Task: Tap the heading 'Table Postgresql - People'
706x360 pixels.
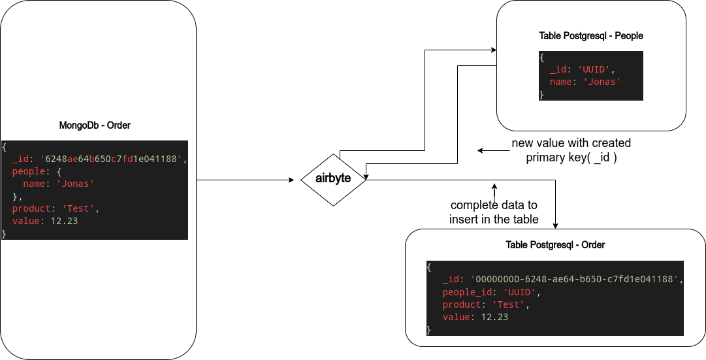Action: coord(591,36)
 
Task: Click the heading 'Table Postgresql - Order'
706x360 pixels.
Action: coord(555,245)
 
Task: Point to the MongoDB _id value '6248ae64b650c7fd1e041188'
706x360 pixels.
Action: coord(113,159)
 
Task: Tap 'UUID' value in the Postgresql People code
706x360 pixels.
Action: coord(594,69)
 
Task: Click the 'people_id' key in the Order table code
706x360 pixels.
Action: coord(466,292)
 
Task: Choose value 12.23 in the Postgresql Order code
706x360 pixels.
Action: coord(494,317)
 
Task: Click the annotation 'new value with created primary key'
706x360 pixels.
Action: coord(571,150)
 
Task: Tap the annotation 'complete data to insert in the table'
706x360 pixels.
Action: coord(494,212)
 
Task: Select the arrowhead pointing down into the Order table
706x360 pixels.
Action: coord(555,225)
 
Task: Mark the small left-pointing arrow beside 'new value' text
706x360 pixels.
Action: coord(481,150)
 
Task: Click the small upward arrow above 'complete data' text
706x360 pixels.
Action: coord(494,186)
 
